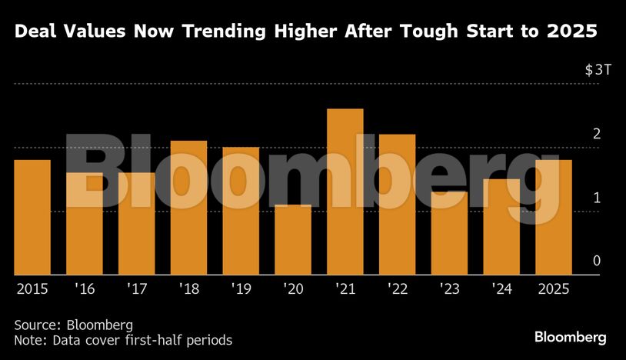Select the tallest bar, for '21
click(x=345, y=192)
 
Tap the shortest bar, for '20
click(x=293, y=239)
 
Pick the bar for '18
click(x=188, y=208)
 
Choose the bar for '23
click(x=449, y=232)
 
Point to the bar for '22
click(x=397, y=205)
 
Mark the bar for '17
click(x=136, y=223)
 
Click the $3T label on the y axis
click(x=598, y=70)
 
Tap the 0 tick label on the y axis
click(x=596, y=262)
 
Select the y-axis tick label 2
click(x=596, y=134)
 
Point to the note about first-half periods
click(x=122, y=339)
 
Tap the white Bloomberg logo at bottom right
click(x=571, y=338)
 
